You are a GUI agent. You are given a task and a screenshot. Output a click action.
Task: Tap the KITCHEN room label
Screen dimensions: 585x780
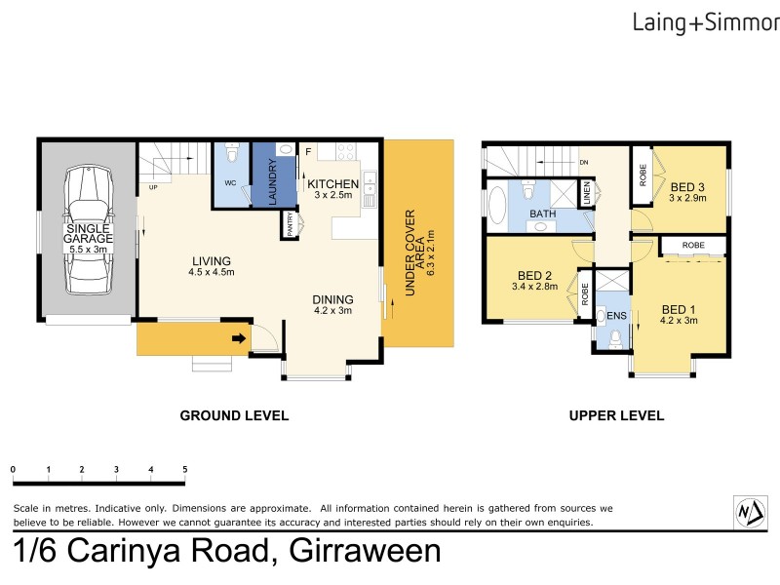click(x=333, y=183)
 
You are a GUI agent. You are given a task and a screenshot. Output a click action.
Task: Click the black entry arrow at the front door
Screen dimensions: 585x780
click(x=238, y=339)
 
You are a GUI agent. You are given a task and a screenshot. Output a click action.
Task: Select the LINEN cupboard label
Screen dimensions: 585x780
click(x=587, y=195)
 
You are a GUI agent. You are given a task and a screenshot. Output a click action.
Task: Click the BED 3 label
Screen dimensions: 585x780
click(x=687, y=187)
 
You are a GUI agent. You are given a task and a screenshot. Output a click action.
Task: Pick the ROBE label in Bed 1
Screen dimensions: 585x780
click(x=693, y=246)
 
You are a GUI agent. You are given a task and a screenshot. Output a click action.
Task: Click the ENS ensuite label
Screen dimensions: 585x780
click(x=615, y=316)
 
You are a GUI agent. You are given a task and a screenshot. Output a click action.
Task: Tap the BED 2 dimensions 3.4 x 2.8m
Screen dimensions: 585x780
click(x=534, y=287)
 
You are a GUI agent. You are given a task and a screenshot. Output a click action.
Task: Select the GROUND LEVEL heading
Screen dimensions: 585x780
click(x=234, y=415)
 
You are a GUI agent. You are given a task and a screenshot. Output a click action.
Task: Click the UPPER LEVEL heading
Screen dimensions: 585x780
click(x=616, y=415)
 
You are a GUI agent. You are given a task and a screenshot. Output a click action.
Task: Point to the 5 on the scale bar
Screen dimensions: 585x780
click(x=184, y=470)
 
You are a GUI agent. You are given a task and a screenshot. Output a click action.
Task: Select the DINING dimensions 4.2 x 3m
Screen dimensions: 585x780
click(x=331, y=311)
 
